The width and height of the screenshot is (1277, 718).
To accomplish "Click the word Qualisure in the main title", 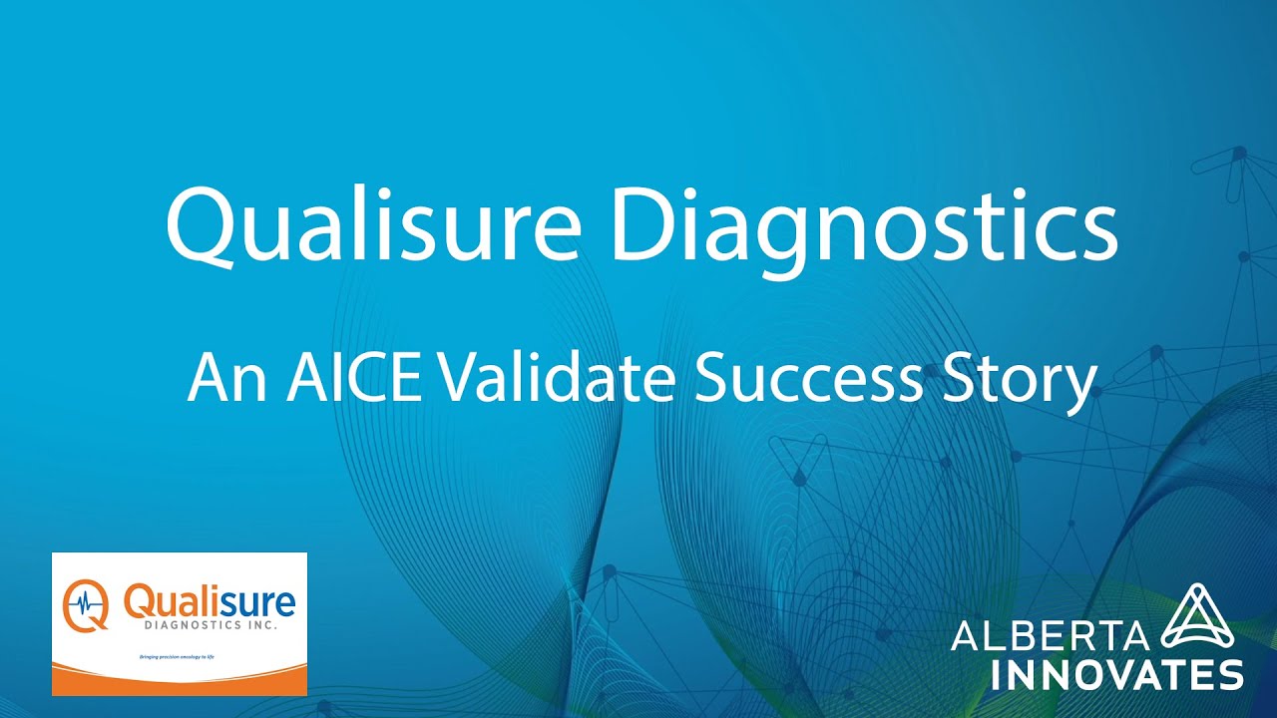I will (x=372, y=226).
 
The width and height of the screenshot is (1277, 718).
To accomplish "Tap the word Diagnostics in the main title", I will (x=864, y=226).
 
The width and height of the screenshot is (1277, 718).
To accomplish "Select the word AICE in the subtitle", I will (x=353, y=378).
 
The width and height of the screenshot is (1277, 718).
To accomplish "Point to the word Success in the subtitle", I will (x=808, y=378).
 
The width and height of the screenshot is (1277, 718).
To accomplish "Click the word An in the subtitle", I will (x=224, y=378).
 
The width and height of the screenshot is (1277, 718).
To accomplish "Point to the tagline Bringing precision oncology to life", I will (x=177, y=657).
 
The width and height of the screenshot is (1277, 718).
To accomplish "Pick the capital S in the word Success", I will (x=709, y=378).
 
